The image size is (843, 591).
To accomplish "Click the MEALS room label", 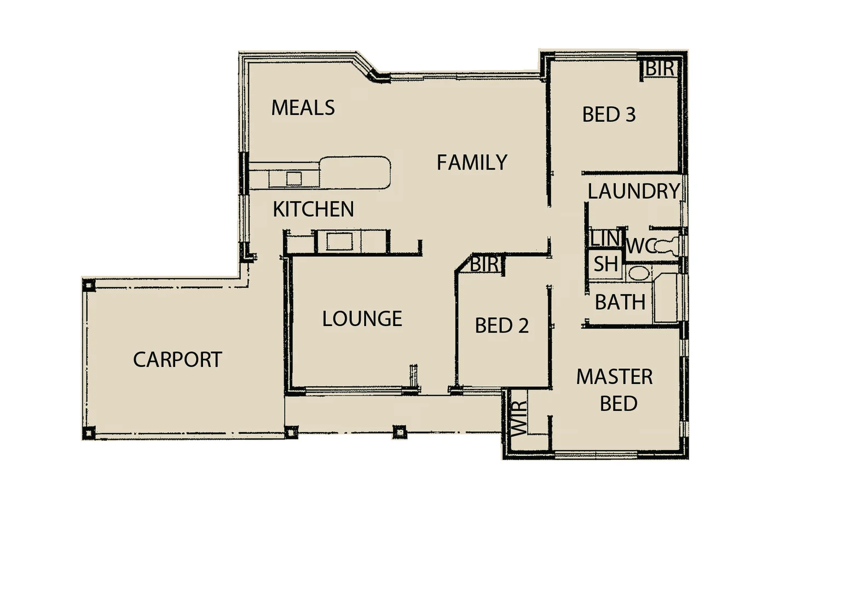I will tap(303, 108).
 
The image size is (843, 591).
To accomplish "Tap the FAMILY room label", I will tap(472, 163).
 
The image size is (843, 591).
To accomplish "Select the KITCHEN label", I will tap(313, 209).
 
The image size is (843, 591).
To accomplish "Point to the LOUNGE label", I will tap(362, 318).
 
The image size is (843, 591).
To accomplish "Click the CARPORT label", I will tap(177, 360).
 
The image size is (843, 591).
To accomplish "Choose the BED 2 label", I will tap(501, 326).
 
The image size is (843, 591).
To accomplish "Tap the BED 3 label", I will tap(609, 115).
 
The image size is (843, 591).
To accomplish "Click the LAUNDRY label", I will tap(633, 192).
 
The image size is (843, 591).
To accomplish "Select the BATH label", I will tap(620, 302).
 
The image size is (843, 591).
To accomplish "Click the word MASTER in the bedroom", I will tap(614, 376).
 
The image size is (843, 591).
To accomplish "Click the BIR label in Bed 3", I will tap(659, 69).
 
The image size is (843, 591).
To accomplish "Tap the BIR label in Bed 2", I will tap(484, 264).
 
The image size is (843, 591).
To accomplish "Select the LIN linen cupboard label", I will tap(604, 239).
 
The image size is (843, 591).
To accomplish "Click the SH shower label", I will tap(605, 264).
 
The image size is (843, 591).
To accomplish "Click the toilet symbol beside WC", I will tap(668, 247).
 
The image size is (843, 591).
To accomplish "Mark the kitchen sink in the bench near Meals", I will tap(294, 178).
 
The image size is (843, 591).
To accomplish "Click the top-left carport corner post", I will tap(89, 285).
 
